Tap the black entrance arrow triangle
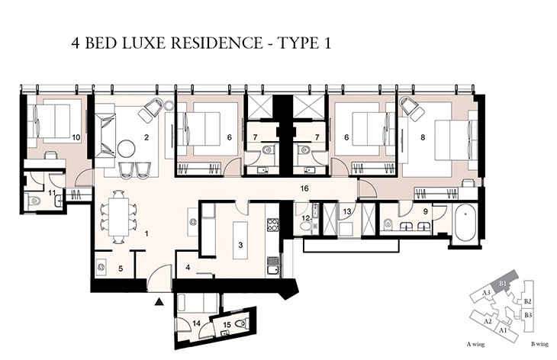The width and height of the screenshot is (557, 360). click(158, 302)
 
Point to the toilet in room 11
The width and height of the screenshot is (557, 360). click(35, 201)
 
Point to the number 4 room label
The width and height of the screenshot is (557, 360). click(188, 267)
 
